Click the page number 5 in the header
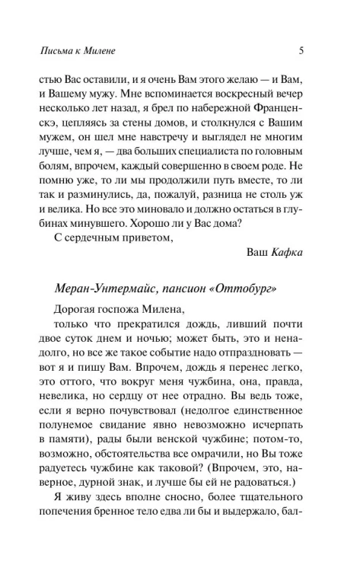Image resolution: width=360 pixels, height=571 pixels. pyautogui.click(x=302, y=53)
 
